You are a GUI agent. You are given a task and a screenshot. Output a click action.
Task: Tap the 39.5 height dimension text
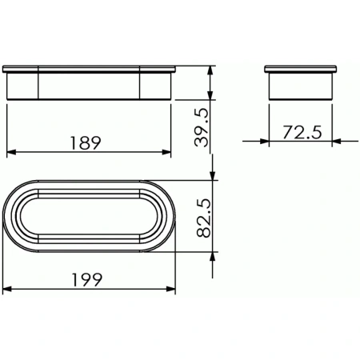point(202,123)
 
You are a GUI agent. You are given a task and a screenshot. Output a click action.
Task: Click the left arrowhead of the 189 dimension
point(10,152)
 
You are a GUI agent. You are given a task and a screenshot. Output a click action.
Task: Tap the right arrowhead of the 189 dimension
point(167,152)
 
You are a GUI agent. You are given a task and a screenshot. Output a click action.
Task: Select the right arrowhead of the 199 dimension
point(171,289)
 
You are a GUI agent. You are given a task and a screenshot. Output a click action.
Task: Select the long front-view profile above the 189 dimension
point(89,83)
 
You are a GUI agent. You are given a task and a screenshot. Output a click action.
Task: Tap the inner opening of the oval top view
point(89,217)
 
